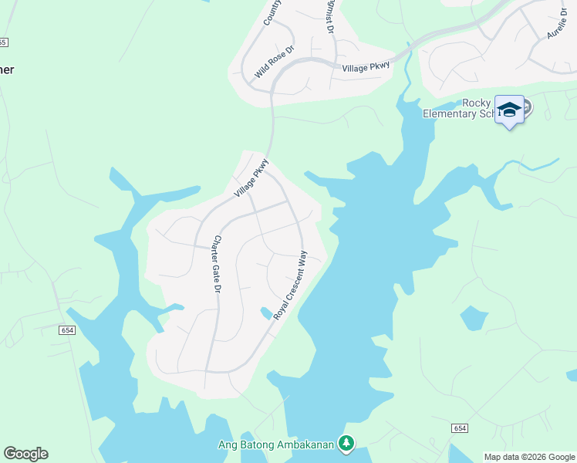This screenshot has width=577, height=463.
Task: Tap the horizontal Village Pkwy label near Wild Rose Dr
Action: tap(366, 68)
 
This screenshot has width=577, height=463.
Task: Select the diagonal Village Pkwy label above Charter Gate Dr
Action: tap(251, 177)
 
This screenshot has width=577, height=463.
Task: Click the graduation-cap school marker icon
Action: tap(509, 110)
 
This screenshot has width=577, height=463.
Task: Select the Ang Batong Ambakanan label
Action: tap(277, 443)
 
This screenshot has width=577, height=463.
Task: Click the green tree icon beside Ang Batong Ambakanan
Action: tap(347, 443)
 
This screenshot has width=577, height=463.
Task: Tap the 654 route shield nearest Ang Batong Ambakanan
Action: tap(461, 428)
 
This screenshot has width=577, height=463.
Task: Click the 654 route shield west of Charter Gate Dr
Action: tap(66, 330)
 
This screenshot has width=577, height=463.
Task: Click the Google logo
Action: tap(25, 454)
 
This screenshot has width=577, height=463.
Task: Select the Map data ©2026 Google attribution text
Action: tap(529, 456)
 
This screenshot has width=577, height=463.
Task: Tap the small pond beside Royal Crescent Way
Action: tap(266, 313)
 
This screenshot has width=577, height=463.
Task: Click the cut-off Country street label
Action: tap(272, 12)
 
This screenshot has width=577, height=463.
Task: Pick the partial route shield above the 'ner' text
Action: tap(3, 42)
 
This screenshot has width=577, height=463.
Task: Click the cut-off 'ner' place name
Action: tap(7, 69)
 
